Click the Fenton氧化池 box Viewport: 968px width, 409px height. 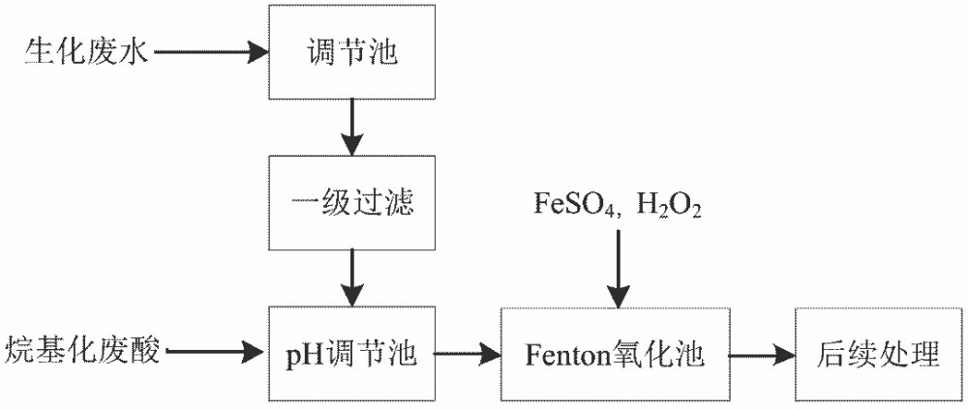tap(615, 355)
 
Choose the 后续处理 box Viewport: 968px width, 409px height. tap(879, 355)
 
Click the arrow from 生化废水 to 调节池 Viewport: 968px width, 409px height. tap(209, 52)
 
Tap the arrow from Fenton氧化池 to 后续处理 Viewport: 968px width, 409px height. tap(761, 355)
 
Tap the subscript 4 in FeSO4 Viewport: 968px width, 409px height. tap(603, 211)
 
